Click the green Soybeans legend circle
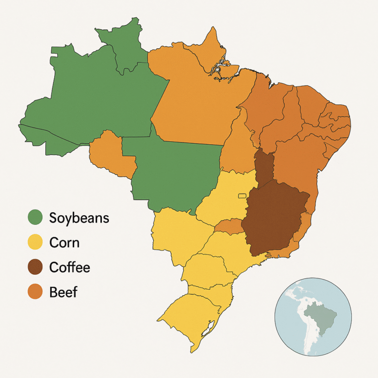35,218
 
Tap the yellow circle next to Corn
35,242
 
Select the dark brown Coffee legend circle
35,267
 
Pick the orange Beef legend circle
35,292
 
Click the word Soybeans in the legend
79,218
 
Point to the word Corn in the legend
64,243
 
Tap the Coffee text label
70,268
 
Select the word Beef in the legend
63,292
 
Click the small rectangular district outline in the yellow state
242,196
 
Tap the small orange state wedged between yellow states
228,226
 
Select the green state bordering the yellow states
172,172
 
